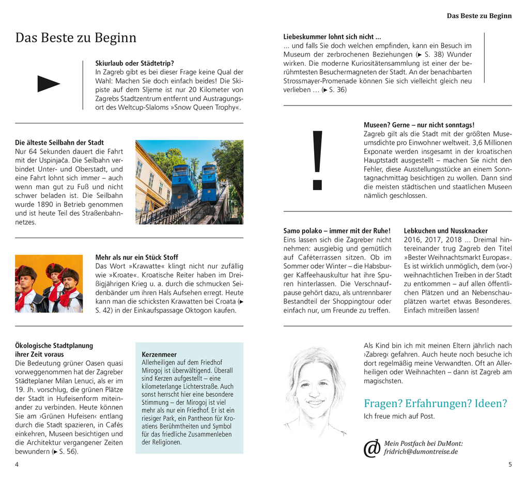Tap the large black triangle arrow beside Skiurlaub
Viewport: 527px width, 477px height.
(x=49, y=84)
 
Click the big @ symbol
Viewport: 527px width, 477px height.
(x=372, y=449)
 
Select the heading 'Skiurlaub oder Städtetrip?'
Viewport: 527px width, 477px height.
(x=135, y=64)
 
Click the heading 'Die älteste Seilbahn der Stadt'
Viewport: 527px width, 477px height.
(x=59, y=143)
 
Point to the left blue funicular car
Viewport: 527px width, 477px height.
(x=183, y=183)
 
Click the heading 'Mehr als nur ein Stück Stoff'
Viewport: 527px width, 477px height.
(x=136, y=257)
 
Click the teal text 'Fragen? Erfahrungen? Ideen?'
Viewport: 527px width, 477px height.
(x=435, y=403)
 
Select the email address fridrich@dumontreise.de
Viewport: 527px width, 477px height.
(x=421, y=452)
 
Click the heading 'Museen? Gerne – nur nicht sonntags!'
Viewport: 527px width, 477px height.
(x=419, y=125)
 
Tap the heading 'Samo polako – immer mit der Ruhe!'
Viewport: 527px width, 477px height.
(x=337, y=231)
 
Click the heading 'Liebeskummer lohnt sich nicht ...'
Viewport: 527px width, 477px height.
(x=332, y=37)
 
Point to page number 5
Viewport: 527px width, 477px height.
(x=510, y=464)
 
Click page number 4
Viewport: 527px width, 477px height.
(x=17, y=464)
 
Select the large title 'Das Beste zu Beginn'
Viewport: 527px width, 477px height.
(x=76, y=38)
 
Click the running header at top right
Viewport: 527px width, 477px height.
(x=479, y=16)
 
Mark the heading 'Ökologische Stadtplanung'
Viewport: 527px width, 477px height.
(x=54, y=345)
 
